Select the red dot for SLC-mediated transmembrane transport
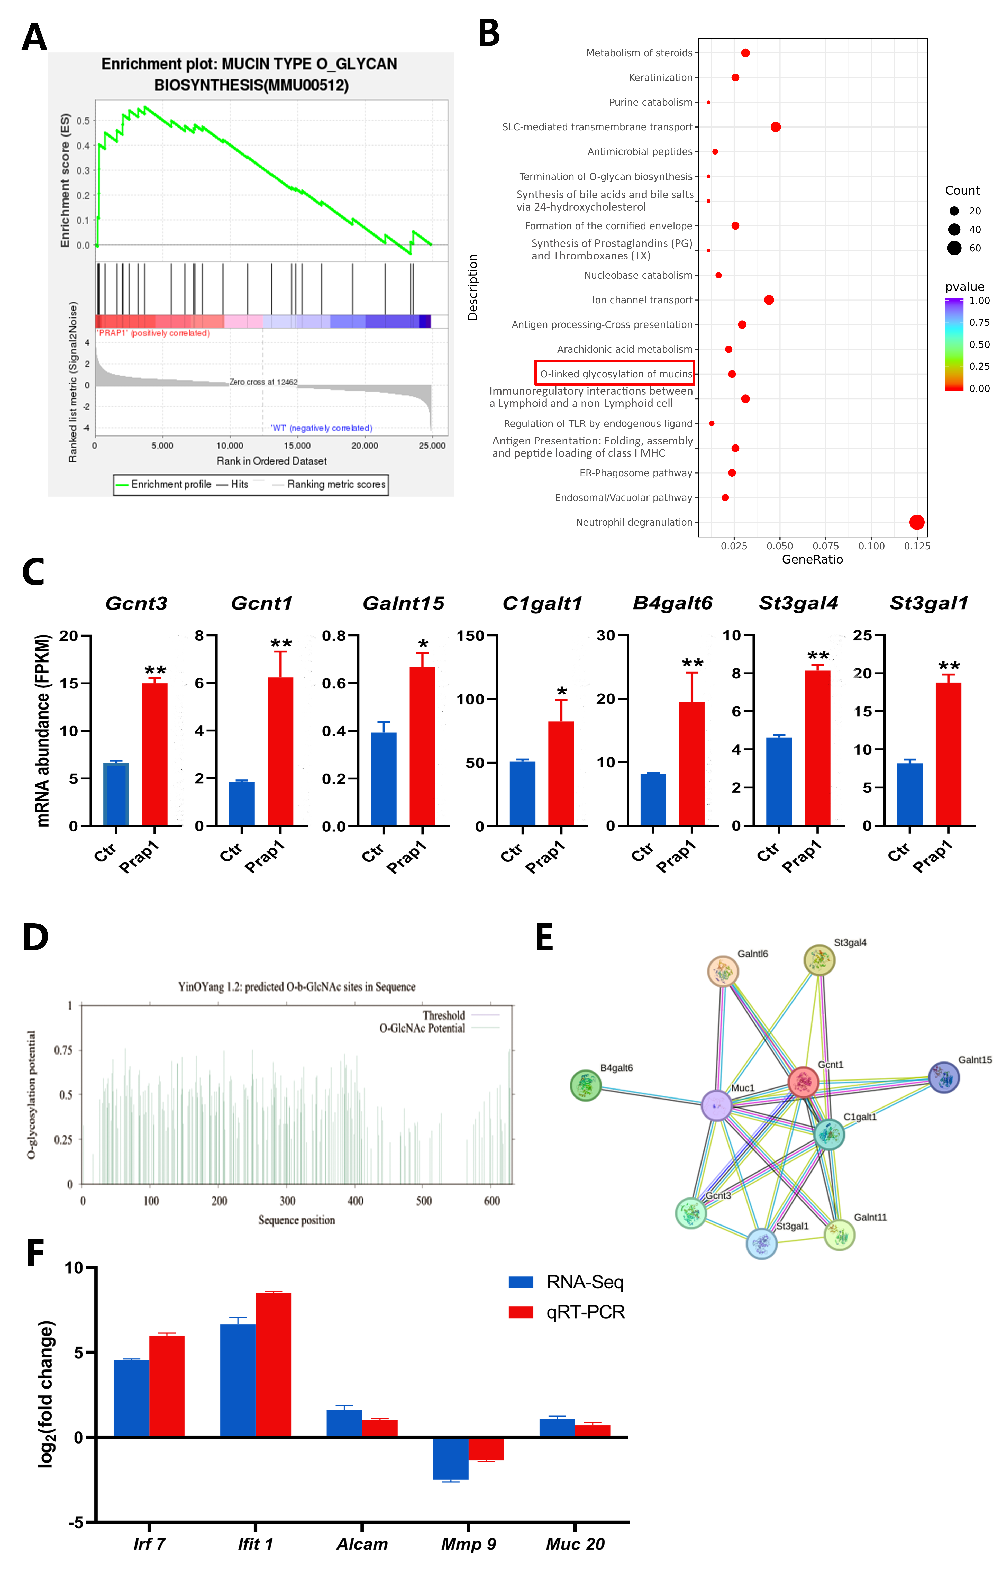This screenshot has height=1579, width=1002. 775,126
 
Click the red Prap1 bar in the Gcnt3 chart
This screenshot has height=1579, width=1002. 155,754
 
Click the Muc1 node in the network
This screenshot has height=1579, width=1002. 717,1105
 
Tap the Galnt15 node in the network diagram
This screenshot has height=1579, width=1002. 944,1077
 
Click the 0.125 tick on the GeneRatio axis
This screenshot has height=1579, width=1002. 917,546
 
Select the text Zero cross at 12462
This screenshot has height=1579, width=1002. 263,382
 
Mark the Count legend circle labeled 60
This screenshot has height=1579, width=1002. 954,248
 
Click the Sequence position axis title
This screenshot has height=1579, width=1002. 296,1220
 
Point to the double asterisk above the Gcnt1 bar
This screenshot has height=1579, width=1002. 281,643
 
